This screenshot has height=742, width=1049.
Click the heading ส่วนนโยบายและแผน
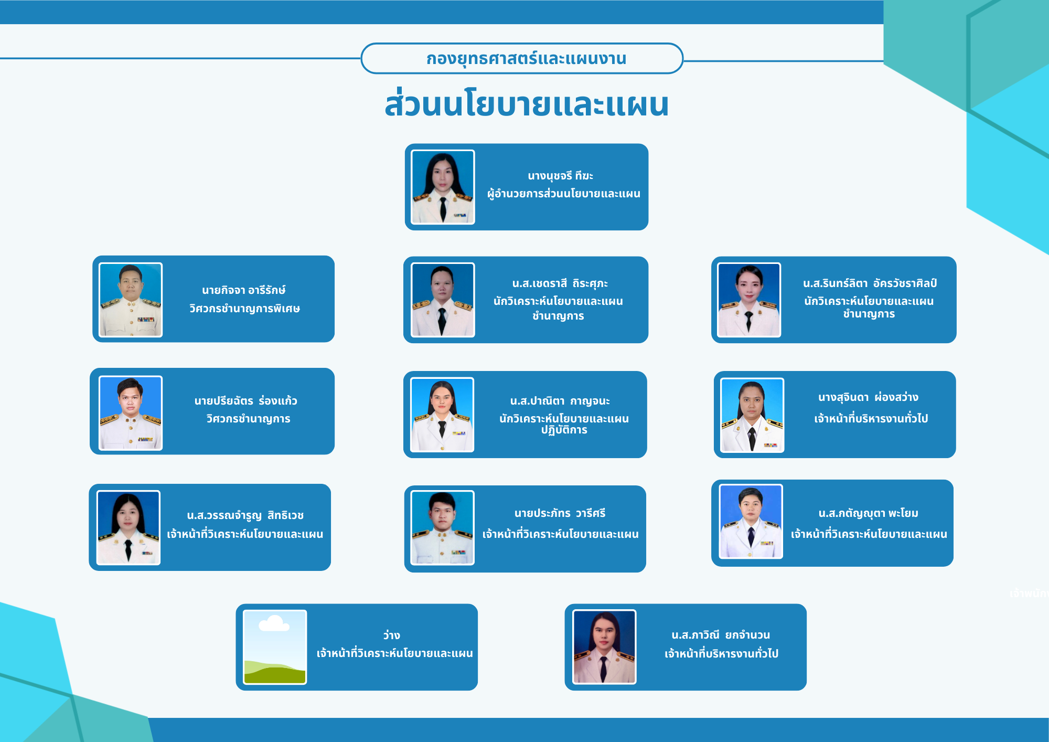pyautogui.click(x=527, y=103)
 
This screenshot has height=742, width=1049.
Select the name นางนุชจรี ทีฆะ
pyautogui.click(x=560, y=176)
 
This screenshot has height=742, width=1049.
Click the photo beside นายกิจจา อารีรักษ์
pyautogui.click(x=131, y=300)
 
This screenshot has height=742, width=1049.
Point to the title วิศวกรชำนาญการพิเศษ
pyautogui.click(x=244, y=309)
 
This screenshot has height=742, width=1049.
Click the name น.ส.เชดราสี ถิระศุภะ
pyautogui.click(x=560, y=283)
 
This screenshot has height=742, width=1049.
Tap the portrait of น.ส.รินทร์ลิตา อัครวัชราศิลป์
pyautogui.click(x=749, y=300)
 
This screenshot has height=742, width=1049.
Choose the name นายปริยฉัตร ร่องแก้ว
pyautogui.click(x=245, y=400)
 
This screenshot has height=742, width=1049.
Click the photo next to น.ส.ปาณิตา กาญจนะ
pyautogui.click(x=442, y=415)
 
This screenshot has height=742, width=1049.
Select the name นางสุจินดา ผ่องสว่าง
pyautogui.click(x=868, y=397)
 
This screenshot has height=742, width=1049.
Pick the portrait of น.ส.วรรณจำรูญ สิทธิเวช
pyautogui.click(x=129, y=527)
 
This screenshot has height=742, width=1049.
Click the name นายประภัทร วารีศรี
pyautogui.click(x=560, y=513)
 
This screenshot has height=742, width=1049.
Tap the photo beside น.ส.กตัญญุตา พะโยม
pyautogui.click(x=751, y=522)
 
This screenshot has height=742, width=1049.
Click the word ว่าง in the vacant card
pyautogui.click(x=391, y=635)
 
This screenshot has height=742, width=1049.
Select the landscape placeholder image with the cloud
pyautogui.click(x=275, y=647)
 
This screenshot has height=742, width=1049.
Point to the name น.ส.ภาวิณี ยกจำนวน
pyautogui.click(x=721, y=635)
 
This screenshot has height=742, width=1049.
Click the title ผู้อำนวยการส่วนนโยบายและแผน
pyautogui.click(x=564, y=194)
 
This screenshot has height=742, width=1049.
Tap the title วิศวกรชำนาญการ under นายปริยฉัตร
pyautogui.click(x=248, y=419)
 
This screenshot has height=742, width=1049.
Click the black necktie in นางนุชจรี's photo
pyautogui.click(x=443, y=208)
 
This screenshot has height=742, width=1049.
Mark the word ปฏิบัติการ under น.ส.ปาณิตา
pyautogui.click(x=564, y=430)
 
